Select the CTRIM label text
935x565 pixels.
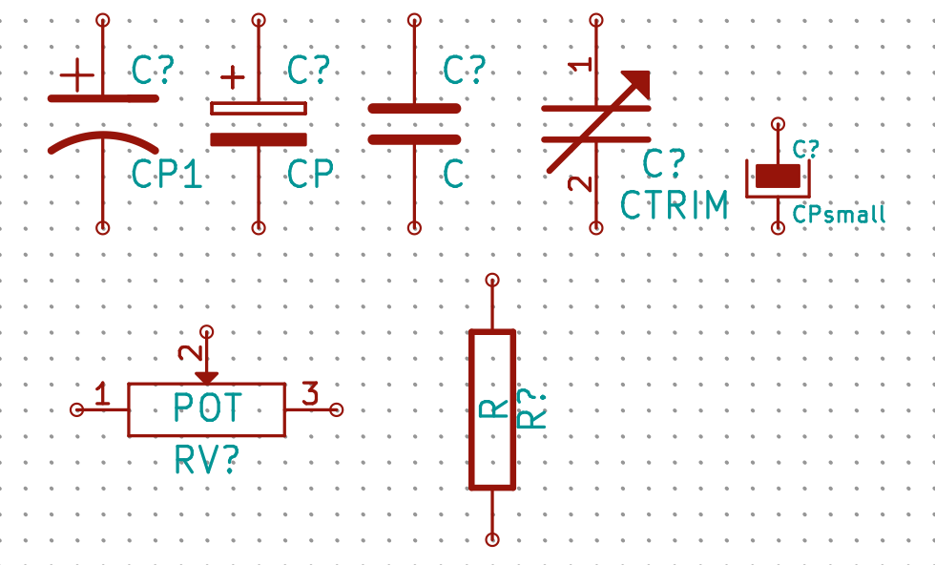click(x=675, y=205)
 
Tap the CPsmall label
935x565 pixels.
click(x=839, y=215)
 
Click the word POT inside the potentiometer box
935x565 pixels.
click(x=208, y=408)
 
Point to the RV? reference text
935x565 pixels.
click(x=206, y=460)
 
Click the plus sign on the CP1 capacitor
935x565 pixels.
click(x=77, y=75)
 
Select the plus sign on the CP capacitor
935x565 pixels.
click(x=233, y=77)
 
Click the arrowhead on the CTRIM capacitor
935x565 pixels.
click(x=638, y=84)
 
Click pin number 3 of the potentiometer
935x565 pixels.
click(x=310, y=393)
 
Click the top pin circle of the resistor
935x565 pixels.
click(x=492, y=280)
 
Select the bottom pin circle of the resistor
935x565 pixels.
click(x=492, y=539)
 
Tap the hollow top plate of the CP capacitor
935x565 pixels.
click(x=259, y=109)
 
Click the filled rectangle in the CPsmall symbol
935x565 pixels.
click(x=778, y=176)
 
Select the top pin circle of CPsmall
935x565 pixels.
click(x=779, y=124)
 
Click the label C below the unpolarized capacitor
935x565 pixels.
click(x=453, y=174)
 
